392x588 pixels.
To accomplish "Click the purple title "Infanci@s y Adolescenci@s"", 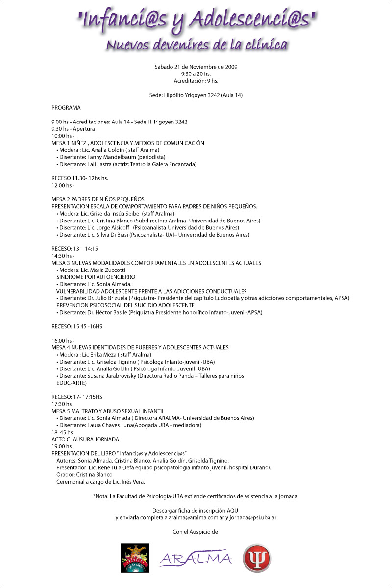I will (196, 21).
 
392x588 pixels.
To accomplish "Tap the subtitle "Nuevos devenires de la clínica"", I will (196, 45).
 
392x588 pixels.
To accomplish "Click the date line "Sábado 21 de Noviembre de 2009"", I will (196, 67).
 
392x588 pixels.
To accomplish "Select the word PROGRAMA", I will (66, 107).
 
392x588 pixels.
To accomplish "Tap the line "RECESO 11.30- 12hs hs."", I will (79, 178).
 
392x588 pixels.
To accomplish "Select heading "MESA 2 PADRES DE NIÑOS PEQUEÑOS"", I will (98, 199).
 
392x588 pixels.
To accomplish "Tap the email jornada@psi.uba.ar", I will (254, 517).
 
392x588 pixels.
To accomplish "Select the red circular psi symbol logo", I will (257, 558).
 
